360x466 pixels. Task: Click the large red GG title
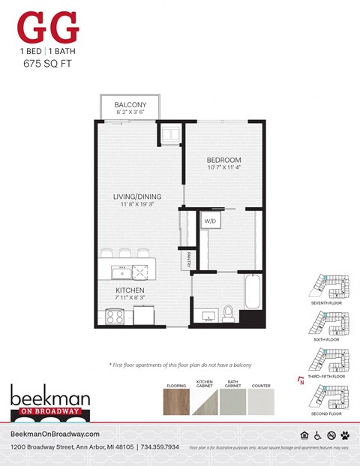[48, 29]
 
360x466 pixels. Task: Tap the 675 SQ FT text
[48, 65]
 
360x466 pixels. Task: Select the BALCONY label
[130, 104]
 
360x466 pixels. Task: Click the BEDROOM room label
[224, 160]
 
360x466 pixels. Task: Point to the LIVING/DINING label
[138, 198]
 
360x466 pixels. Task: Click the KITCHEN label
[130, 290]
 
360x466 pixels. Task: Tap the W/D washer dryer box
[208, 221]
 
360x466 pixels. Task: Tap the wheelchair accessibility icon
[316, 434]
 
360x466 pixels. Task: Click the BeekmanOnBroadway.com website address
[55, 434]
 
